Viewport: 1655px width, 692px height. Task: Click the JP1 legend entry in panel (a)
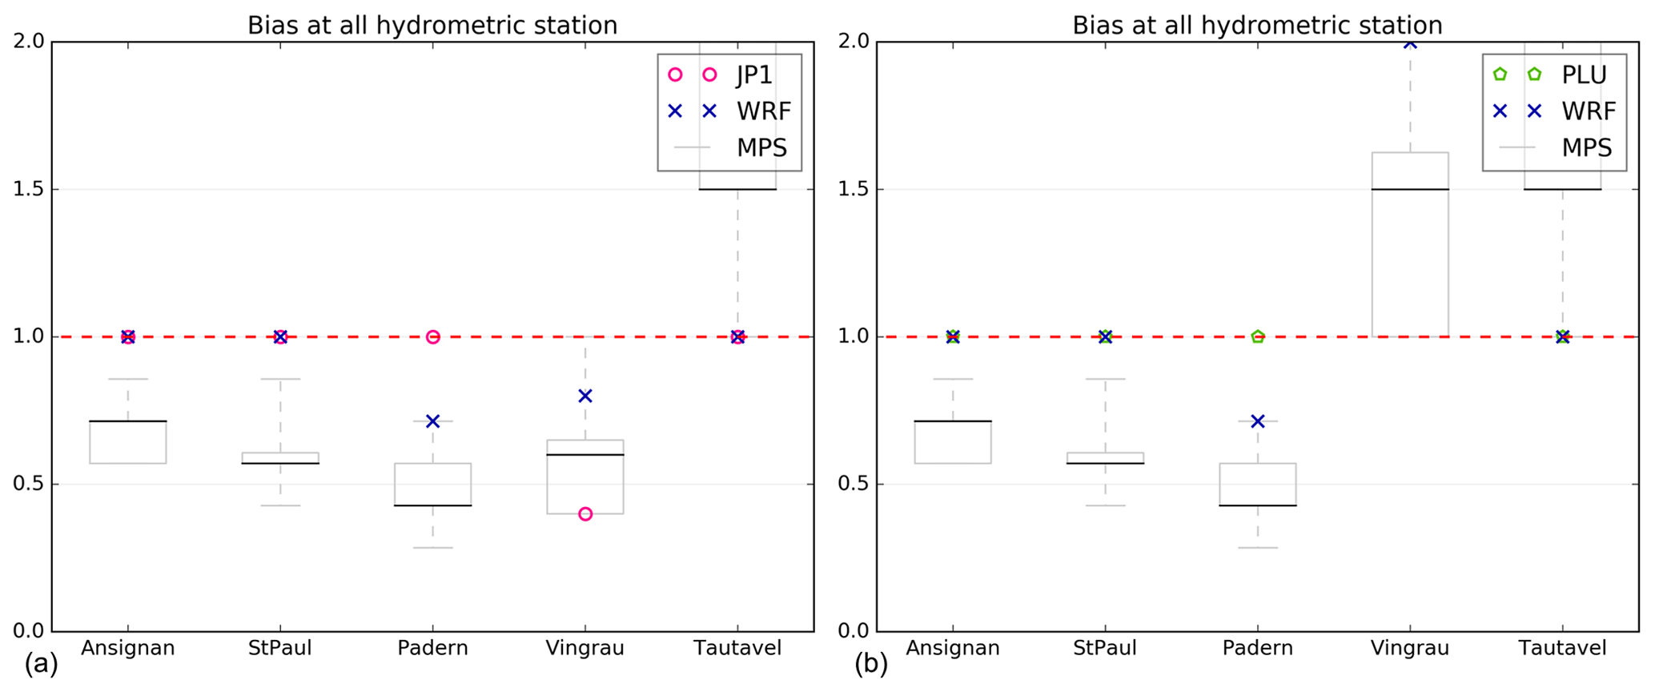[x=753, y=75]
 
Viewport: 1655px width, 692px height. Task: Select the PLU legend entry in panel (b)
[x=1584, y=75]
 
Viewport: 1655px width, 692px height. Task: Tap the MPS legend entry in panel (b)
[x=1586, y=147]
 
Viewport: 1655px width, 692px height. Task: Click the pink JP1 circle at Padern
[x=433, y=337]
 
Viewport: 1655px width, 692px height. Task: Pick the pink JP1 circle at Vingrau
[x=585, y=514]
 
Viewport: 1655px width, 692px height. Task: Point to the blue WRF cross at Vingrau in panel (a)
[x=585, y=396]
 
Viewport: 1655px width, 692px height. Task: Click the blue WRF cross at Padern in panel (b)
[x=1258, y=421]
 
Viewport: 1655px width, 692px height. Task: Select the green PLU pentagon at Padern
[x=1258, y=337]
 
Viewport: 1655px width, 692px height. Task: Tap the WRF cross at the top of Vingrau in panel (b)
[x=1410, y=43]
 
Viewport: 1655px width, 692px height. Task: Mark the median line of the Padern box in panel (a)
[x=433, y=505]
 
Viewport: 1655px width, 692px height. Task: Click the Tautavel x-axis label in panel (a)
[x=737, y=648]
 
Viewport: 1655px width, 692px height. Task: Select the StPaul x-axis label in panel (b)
[x=1105, y=648]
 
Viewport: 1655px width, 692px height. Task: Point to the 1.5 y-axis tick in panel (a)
[x=31, y=190]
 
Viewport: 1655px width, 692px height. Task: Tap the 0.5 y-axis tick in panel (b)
[x=856, y=485]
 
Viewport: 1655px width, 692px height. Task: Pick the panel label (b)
[x=871, y=664]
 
